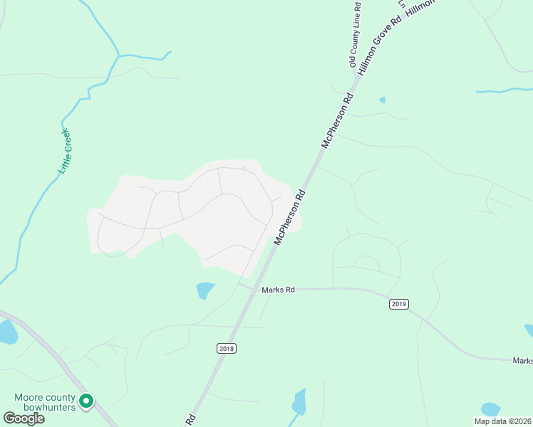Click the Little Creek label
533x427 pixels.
click(66, 151)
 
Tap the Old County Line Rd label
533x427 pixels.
click(356, 34)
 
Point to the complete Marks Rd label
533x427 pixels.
click(278, 290)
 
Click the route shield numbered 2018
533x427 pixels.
click(226, 348)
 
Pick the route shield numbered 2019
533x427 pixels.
click(398, 304)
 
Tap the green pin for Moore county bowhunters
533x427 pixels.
click(86, 402)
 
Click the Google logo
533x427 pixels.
click(24, 418)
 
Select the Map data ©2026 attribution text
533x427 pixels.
click(503, 421)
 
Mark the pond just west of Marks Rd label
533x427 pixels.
click(205, 290)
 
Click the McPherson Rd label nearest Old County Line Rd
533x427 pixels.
click(338, 120)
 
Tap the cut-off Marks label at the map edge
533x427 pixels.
click(522, 361)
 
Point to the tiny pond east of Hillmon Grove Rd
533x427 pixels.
click(383, 100)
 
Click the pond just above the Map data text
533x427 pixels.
click(490, 408)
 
